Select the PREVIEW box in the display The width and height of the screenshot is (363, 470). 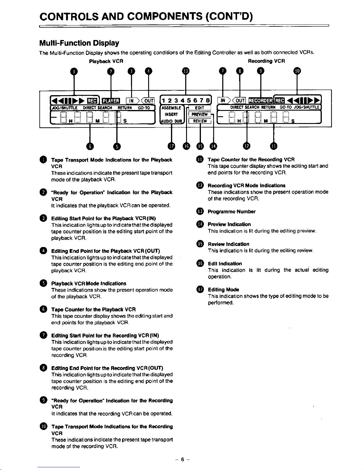199,114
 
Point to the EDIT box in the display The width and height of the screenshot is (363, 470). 200,108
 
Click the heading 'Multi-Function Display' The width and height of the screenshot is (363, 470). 79,43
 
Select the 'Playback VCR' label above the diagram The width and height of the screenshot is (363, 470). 106,61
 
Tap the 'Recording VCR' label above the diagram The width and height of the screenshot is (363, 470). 266,61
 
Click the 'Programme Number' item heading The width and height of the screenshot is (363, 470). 232,212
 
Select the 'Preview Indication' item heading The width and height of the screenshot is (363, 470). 229,224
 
